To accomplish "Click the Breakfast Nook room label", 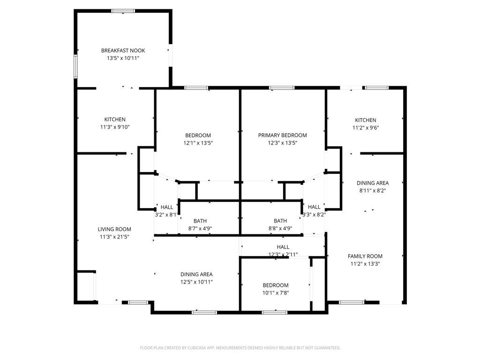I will (123, 51).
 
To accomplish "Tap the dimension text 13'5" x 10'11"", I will (123, 58).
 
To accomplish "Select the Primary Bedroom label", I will (282, 135).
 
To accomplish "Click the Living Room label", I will (114, 229).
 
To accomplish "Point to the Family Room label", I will (365, 256).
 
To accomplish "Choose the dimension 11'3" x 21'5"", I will (114, 237).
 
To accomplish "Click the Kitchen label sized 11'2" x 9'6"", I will (365, 120).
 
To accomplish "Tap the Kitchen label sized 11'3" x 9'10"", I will (115, 120).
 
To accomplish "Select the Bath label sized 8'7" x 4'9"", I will (200, 221).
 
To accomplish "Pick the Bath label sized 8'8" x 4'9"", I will (280, 221).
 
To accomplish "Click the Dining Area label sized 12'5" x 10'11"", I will (196, 274).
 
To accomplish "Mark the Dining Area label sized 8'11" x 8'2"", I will (372, 183).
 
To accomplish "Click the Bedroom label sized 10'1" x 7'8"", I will (275, 285).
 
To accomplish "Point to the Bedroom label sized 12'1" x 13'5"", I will (198, 135).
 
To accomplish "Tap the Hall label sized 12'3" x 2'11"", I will (283, 247).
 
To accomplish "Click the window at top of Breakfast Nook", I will (123, 11).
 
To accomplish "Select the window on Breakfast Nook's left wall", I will (75, 66).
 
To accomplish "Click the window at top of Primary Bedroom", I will (282, 88).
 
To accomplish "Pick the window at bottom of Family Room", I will (352, 302).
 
